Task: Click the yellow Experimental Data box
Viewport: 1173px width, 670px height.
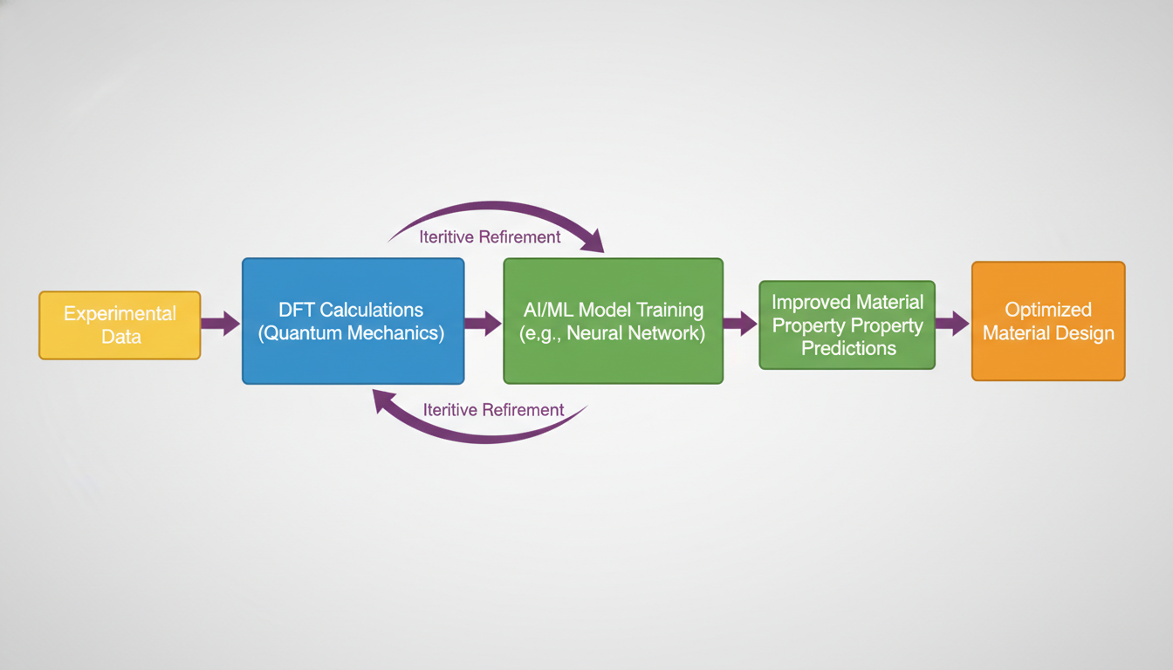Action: [x=120, y=325]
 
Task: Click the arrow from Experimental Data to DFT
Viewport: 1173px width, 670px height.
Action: [x=220, y=323]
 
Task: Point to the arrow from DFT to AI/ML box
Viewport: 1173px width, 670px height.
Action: [x=483, y=323]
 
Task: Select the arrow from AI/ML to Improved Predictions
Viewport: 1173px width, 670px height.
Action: [x=740, y=323]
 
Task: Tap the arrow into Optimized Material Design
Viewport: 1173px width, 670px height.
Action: [x=952, y=323]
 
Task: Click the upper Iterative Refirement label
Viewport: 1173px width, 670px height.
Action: [x=490, y=236]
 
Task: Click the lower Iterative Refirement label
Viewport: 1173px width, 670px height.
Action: [x=493, y=409]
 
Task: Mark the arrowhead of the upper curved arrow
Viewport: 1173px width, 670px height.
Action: [x=593, y=241]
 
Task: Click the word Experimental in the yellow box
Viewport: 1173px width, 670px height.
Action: [x=120, y=314]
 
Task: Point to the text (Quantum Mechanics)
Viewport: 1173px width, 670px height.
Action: [x=351, y=332]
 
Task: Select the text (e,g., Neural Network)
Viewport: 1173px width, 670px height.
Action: [x=613, y=332]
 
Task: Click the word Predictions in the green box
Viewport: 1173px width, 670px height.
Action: [x=848, y=348]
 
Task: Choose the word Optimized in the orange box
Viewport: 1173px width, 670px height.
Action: [x=1047, y=310]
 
